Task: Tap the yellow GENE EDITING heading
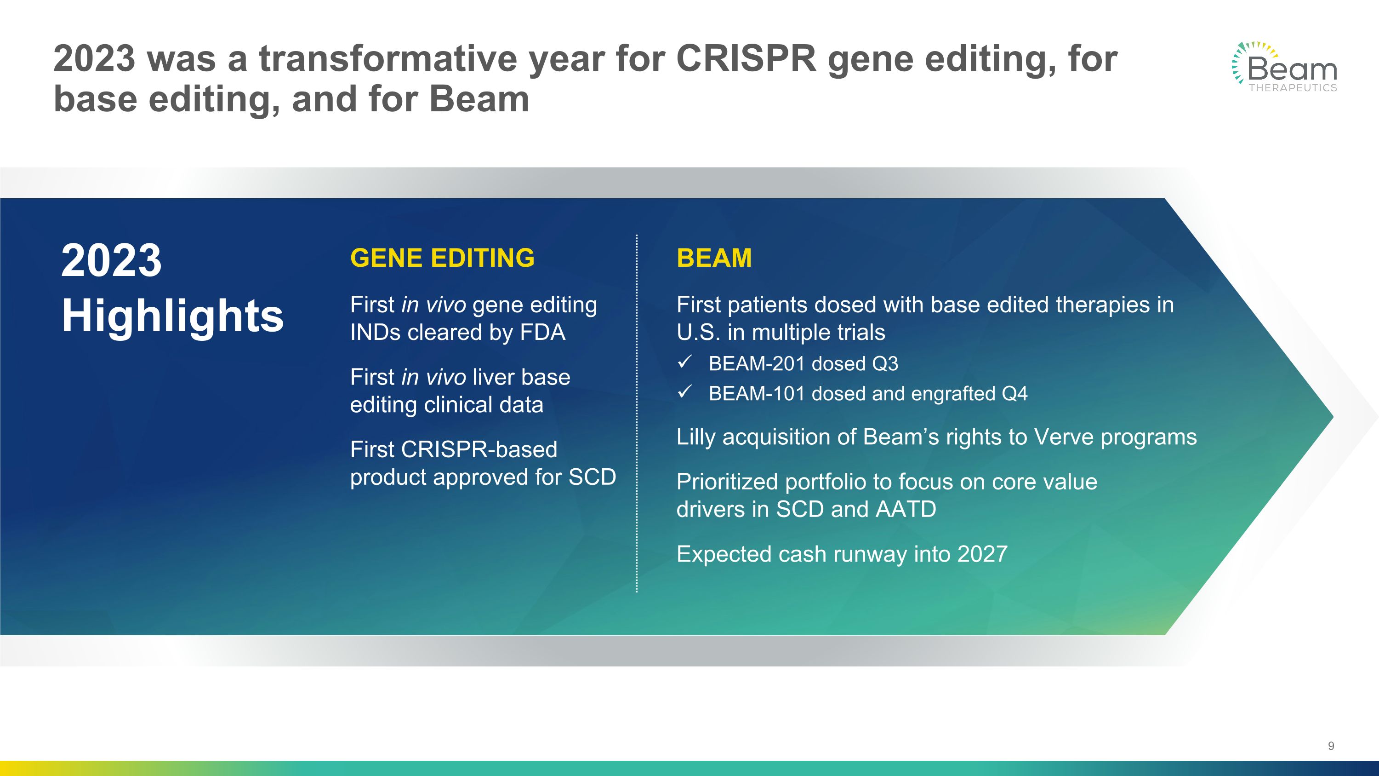(442, 258)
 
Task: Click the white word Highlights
(172, 316)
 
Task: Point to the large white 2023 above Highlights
(111, 260)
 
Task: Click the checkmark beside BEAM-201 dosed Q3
(685, 362)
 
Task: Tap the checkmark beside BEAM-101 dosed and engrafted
(685, 392)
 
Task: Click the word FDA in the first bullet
(542, 333)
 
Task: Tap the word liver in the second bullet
(489, 377)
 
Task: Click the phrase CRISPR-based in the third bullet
(479, 449)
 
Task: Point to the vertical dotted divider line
(637, 412)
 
